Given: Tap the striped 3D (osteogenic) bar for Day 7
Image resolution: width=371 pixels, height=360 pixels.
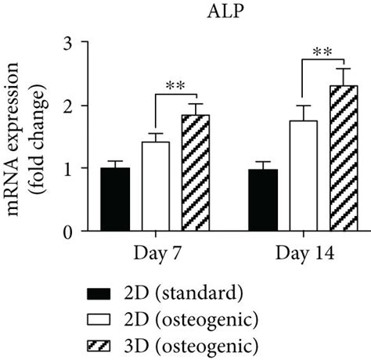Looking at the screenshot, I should pyautogui.click(x=195, y=173).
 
